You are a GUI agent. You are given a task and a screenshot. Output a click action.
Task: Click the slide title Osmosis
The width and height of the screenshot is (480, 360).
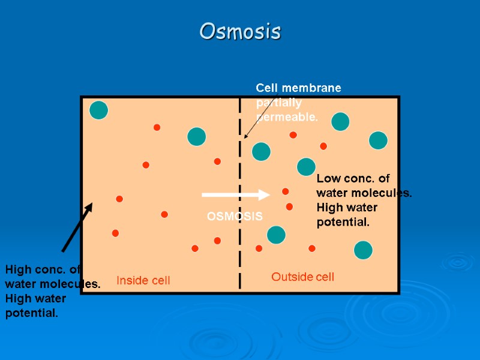click(240, 31)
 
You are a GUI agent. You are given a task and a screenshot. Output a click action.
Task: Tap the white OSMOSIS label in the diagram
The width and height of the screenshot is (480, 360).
click(235, 217)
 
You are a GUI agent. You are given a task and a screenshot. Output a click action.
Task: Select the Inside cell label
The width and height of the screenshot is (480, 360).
click(143, 280)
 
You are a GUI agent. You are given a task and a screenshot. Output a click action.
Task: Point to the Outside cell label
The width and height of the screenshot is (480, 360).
click(302, 277)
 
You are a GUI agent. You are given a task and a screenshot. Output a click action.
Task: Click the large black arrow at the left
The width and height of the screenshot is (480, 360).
click(77, 227)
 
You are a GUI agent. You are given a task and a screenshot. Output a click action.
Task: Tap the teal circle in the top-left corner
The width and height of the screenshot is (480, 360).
click(98, 110)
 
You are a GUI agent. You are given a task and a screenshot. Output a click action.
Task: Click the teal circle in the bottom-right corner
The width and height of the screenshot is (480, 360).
click(363, 250)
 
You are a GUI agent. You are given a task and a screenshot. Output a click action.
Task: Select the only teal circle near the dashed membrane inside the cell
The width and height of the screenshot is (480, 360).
click(197, 137)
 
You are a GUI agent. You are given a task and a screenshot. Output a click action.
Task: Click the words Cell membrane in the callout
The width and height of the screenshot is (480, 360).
click(299, 88)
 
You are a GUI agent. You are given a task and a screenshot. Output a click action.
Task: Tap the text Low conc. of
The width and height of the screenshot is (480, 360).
click(353, 179)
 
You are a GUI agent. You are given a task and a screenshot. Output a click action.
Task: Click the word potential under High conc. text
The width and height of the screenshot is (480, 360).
click(32, 313)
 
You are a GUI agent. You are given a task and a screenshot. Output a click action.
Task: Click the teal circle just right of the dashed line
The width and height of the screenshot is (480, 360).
click(261, 151)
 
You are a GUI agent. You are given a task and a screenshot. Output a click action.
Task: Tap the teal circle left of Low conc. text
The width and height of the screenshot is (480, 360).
click(306, 167)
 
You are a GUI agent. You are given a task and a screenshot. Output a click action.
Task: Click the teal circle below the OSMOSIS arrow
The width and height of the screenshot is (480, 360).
click(276, 235)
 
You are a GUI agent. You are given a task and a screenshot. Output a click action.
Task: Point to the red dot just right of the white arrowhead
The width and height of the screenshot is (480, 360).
click(286, 191)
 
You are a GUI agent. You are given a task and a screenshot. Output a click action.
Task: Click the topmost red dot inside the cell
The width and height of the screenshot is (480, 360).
click(157, 127)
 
